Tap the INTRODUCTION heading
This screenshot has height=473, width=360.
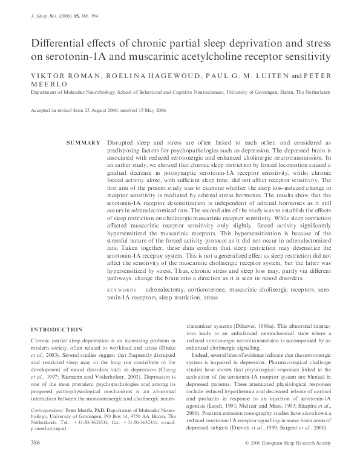[56, 330]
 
